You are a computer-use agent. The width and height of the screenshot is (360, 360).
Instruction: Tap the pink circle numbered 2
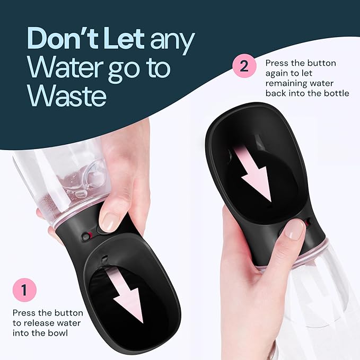244,67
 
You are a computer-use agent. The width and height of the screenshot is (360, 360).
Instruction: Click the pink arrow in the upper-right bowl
255,175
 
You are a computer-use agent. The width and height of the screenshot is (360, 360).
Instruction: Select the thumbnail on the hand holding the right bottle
294,229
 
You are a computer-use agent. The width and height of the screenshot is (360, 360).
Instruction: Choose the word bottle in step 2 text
336,93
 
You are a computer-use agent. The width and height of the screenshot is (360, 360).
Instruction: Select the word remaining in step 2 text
286,83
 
